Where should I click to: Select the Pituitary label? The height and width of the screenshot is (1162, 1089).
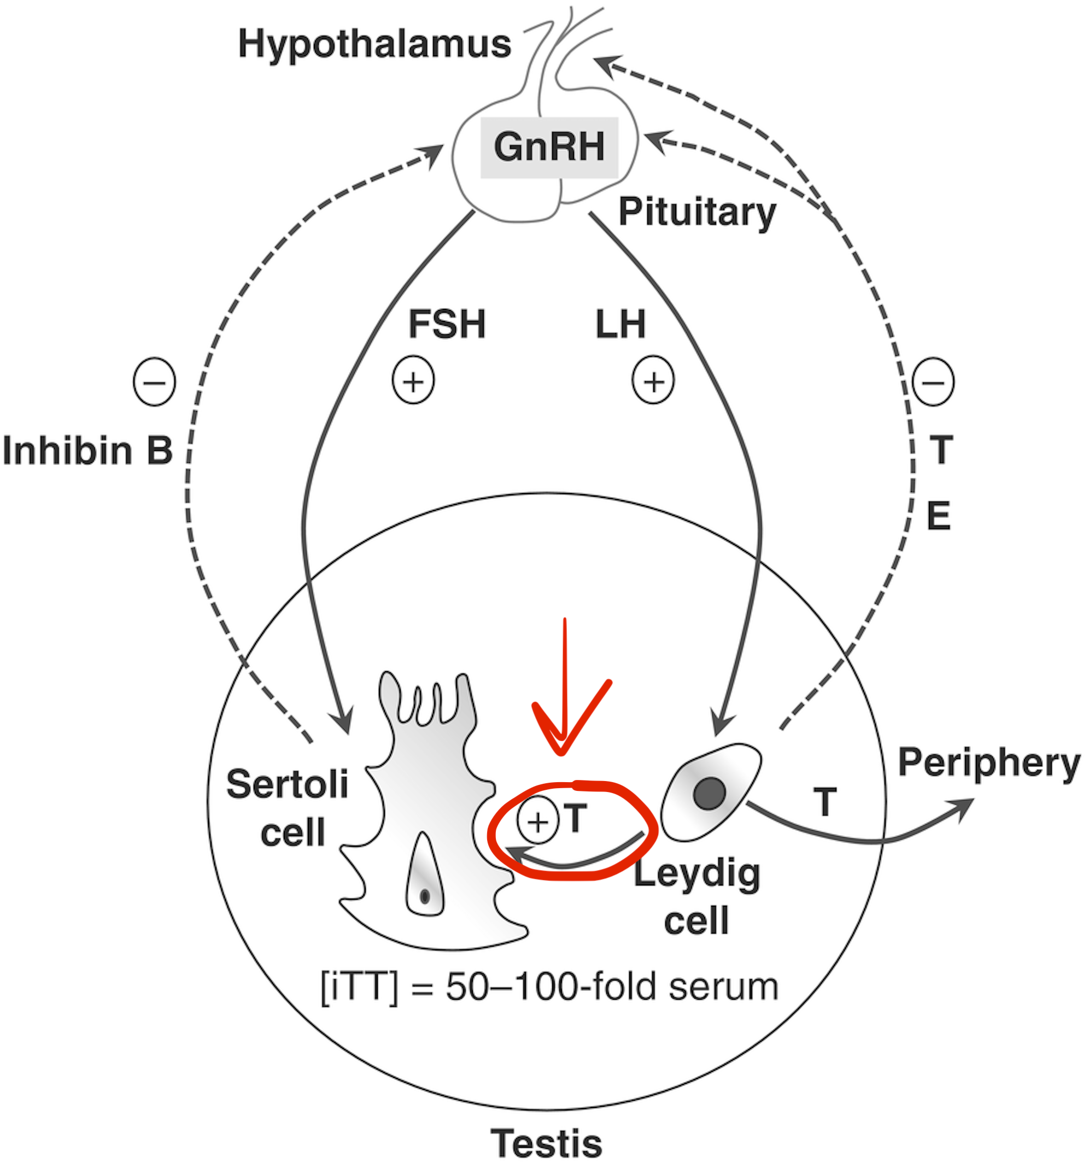click(697, 212)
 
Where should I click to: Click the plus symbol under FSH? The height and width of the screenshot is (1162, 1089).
click(413, 380)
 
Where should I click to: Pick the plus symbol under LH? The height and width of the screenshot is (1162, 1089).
click(653, 380)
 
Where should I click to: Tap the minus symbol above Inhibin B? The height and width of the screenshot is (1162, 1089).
click(154, 382)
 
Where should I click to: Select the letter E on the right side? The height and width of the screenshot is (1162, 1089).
click(938, 515)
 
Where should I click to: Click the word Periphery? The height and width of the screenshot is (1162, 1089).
click(988, 763)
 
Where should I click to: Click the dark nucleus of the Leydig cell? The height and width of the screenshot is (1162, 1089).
click(710, 794)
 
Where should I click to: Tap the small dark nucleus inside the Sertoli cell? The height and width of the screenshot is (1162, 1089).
click(425, 896)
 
